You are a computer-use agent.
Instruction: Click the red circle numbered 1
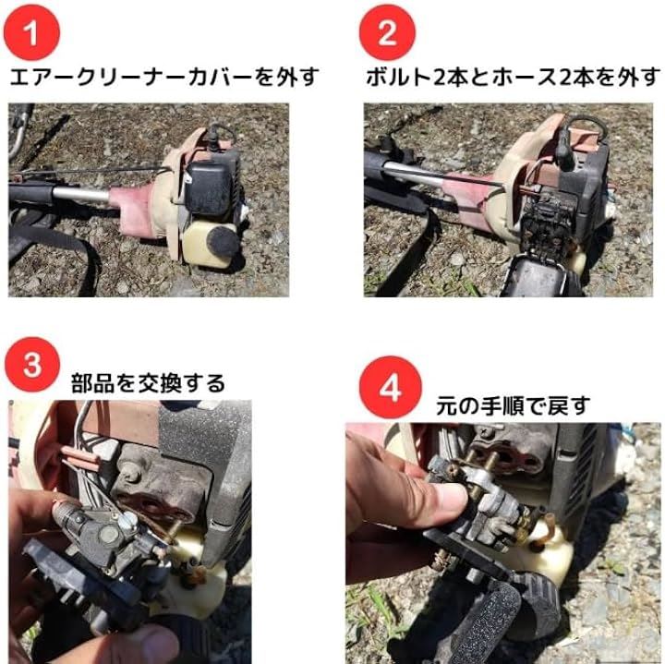tap(31, 32)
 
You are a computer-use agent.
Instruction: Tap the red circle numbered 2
tap(387, 32)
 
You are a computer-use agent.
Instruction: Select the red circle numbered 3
tap(32, 365)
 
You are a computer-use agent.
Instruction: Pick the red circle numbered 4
tap(390, 387)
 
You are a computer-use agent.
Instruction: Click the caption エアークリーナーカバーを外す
tap(164, 78)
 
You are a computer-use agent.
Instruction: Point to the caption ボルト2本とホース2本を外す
tap(514, 78)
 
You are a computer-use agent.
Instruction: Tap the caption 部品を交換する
tap(148, 383)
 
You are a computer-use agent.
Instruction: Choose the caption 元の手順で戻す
tap(514, 405)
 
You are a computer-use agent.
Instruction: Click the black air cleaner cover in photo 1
tap(210, 187)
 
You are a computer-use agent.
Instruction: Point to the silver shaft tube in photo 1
tap(80, 194)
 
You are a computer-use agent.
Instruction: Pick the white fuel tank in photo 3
tap(191, 581)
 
